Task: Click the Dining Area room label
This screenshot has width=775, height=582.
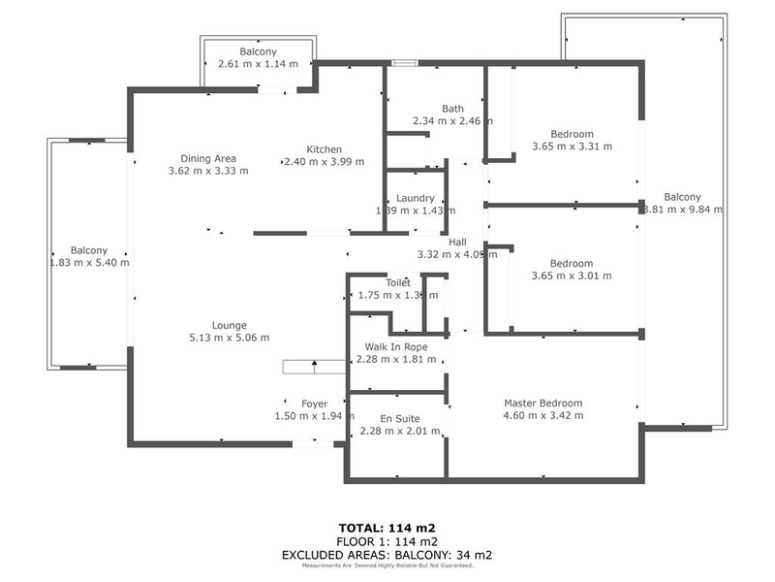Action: click(x=208, y=159)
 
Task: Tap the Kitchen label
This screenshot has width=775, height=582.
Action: click(x=324, y=149)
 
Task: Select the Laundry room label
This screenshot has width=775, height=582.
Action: click(x=415, y=198)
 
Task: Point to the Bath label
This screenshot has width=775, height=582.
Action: click(x=452, y=109)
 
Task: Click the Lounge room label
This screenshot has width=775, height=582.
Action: click(x=230, y=325)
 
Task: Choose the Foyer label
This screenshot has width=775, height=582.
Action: click(x=314, y=404)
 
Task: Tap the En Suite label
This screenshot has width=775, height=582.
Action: click(x=401, y=419)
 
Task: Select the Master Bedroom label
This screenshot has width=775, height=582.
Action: click(x=542, y=404)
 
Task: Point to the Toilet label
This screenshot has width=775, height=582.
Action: click(x=398, y=282)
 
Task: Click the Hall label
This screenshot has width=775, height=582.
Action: click(x=458, y=242)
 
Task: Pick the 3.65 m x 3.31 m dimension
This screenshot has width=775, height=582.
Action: click(x=572, y=146)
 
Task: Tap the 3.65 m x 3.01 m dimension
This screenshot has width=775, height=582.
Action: click(x=572, y=275)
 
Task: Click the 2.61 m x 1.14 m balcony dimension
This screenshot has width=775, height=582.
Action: click(x=258, y=64)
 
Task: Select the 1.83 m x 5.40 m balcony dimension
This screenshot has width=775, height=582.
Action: click(x=89, y=262)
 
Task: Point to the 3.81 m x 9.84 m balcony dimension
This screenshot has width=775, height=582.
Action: click(x=683, y=209)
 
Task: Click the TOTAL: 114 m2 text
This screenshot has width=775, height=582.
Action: click(x=387, y=529)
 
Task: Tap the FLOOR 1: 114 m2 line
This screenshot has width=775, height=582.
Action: click(x=387, y=541)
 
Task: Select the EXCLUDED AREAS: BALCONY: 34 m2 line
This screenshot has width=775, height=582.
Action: click(x=387, y=555)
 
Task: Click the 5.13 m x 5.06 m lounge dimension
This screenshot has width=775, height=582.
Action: click(x=230, y=338)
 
